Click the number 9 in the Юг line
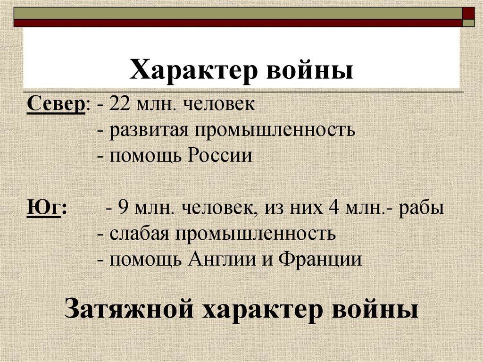(x=123, y=208)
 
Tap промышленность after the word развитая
(x=273, y=129)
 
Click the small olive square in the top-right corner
(x=469, y=22)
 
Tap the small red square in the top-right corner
(x=469, y=12)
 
